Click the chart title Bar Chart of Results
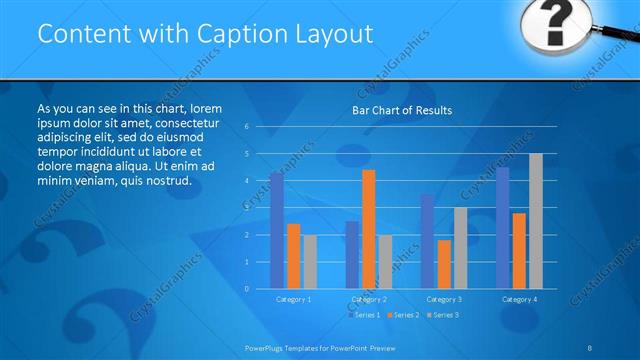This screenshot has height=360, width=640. point(401,110)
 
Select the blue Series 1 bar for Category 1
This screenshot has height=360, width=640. point(277,230)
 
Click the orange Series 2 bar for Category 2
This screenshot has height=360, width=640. point(369,228)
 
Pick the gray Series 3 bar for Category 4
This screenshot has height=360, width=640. point(536,221)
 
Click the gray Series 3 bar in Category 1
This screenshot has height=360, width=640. point(310,261)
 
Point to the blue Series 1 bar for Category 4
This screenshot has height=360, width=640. point(503,227)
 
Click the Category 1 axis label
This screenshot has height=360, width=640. point(293,299)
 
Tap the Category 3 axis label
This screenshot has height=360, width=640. point(444,299)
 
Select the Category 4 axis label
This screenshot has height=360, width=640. point(519,299)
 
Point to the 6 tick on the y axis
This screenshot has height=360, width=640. point(246,127)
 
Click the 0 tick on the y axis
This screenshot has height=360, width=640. point(246,288)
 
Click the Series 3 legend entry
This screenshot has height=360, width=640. point(444,315)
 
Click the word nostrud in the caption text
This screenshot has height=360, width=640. point(166,180)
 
